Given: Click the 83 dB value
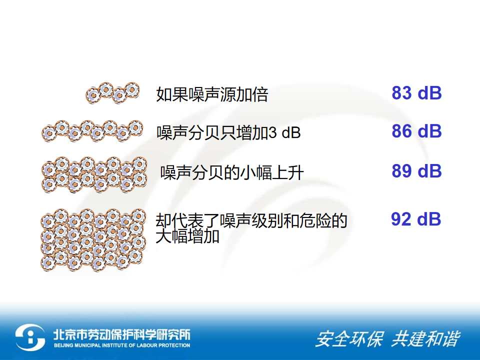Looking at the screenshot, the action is [x=416, y=93].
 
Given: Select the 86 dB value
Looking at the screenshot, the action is [x=416, y=131].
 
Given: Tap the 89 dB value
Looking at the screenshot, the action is [x=416, y=171].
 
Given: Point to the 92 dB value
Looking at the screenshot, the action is [x=416, y=219].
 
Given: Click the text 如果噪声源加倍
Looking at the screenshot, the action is [x=212, y=94].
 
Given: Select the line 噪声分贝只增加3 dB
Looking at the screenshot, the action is [x=228, y=132].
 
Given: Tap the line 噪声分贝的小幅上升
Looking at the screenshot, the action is [x=232, y=172].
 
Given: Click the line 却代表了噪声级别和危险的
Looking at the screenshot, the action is [x=251, y=220].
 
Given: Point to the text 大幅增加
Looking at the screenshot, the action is [x=187, y=236].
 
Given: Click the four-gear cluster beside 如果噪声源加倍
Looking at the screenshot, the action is [x=112, y=93].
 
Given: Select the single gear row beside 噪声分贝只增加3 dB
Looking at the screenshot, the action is [x=92, y=131].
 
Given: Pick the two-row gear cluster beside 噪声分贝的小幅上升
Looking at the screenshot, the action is [x=94, y=174].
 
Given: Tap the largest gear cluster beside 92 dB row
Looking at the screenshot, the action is [x=93, y=240].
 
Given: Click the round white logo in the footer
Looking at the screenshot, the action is [x=30, y=337].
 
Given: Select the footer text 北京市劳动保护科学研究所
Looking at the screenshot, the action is [x=122, y=334].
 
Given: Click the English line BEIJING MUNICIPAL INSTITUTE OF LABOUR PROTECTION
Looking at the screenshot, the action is [x=122, y=345].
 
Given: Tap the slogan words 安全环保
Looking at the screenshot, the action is [x=349, y=339].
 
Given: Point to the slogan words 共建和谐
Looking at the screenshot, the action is [x=425, y=339].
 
